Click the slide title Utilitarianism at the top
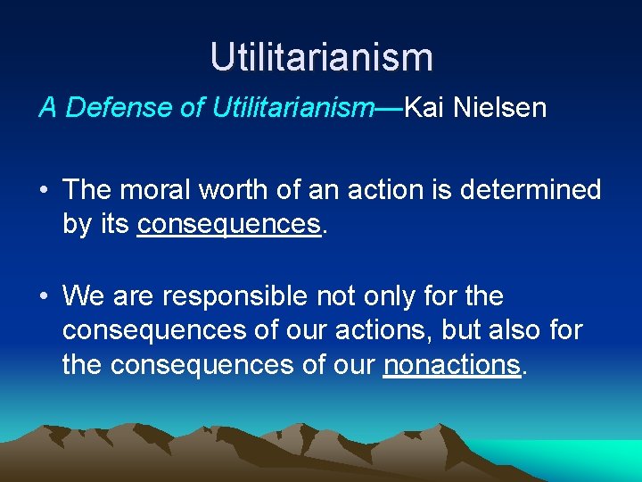pyautogui.click(x=321, y=57)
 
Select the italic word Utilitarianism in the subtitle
pyautogui.click(x=293, y=108)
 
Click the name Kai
pyautogui.click(x=424, y=108)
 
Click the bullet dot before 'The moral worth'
pyautogui.click(x=44, y=190)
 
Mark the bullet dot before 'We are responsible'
pyautogui.click(x=44, y=295)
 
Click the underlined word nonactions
pyautogui.click(x=451, y=364)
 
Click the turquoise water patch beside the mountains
pyautogui.click(x=597, y=457)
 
